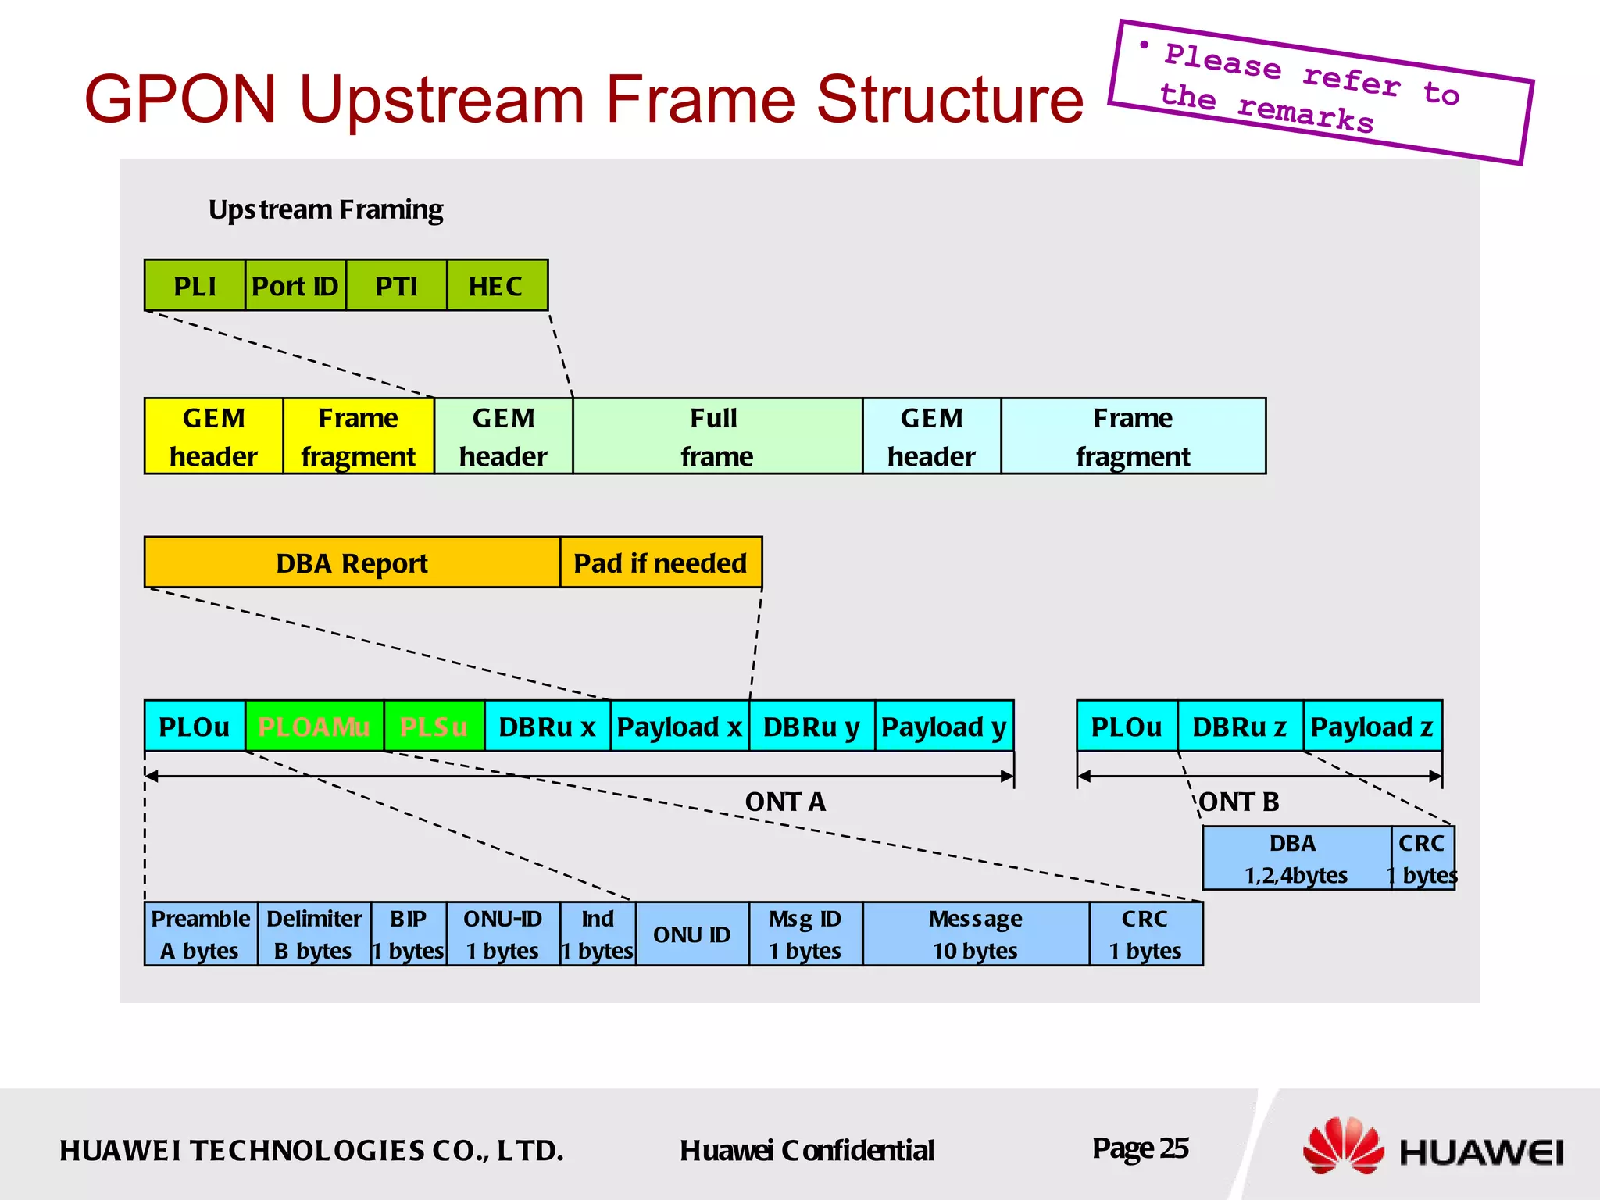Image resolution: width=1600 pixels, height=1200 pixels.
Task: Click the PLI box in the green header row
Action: pos(195,286)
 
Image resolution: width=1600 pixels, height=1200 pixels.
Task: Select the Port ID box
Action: pos(295,286)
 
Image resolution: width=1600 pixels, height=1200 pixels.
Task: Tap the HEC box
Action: pos(497,286)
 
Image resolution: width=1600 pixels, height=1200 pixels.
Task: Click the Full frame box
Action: pos(717,436)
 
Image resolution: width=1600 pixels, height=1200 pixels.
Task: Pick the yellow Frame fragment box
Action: pos(358,436)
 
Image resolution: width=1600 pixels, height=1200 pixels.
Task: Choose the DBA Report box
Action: pos(352,562)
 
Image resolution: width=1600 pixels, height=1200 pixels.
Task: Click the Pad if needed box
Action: pos(661,562)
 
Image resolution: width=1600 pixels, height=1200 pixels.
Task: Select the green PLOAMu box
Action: pos(314,727)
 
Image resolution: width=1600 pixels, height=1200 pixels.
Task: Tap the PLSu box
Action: pos(434,727)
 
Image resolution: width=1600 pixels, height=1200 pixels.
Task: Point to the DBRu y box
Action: pos(811,727)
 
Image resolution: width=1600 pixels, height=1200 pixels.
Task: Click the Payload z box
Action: pos(1372,727)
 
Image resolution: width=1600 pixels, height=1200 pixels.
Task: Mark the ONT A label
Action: pos(785,802)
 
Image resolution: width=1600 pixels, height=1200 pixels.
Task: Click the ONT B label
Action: pos(1239,802)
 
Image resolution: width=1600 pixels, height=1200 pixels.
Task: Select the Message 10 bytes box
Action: pos(975,934)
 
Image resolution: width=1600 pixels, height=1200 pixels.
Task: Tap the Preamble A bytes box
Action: pos(200,934)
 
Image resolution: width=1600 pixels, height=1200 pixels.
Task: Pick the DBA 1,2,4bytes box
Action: pos(1295,859)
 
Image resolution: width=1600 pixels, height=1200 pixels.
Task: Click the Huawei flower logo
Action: pos(1342,1146)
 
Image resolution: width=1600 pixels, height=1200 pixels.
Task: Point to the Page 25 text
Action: pos(1140,1148)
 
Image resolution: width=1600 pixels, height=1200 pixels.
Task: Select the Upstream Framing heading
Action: pos(326,209)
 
